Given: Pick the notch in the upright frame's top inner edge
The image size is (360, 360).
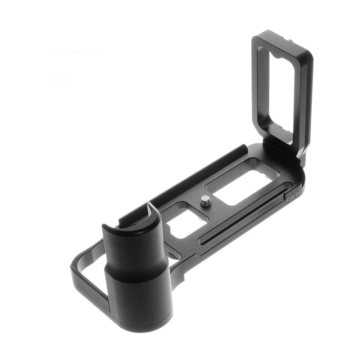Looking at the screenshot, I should tap(277, 57).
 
